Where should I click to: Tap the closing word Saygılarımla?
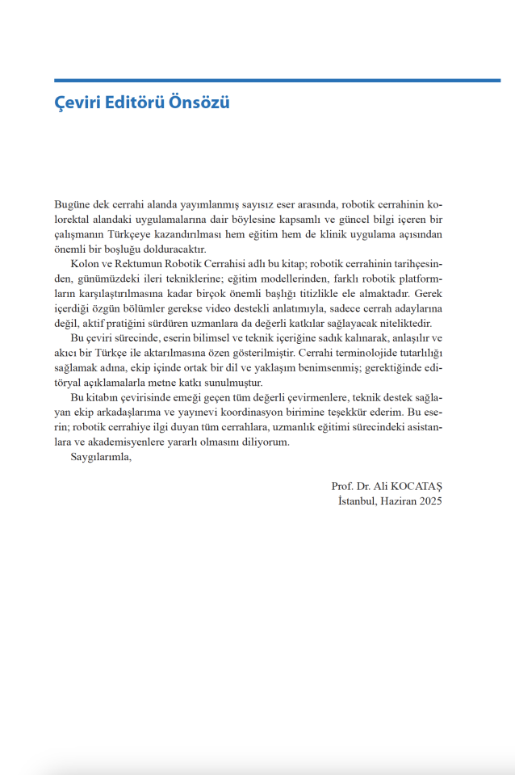click(101, 456)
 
